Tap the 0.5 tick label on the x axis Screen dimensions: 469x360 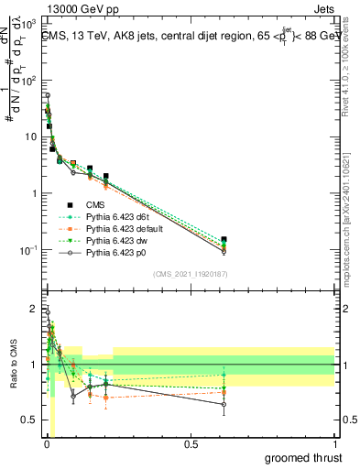pyautogui.click(x=191, y=444)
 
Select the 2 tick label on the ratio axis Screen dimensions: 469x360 pyautogui.click(x=33, y=308)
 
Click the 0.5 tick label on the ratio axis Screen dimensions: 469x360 pyautogui.click(x=29, y=421)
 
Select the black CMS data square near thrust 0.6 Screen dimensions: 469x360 pyautogui.click(x=224, y=240)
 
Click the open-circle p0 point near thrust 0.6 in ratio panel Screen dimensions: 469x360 pyautogui.click(x=224, y=404)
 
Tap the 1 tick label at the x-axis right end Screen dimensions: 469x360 pyautogui.click(x=335, y=444)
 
